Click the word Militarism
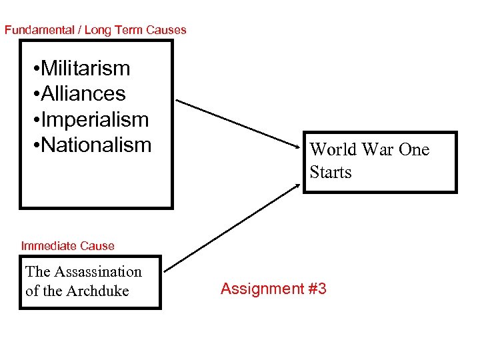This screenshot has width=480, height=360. click(x=85, y=68)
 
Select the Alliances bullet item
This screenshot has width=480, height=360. click(x=83, y=93)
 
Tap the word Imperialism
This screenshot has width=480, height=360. click(x=94, y=119)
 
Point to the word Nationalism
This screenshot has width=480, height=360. click(x=96, y=145)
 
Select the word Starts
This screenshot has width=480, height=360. click(x=330, y=172)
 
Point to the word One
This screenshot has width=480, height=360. click(x=413, y=149)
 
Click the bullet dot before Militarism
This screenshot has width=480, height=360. click(x=35, y=69)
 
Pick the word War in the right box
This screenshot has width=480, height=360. click(x=376, y=149)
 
